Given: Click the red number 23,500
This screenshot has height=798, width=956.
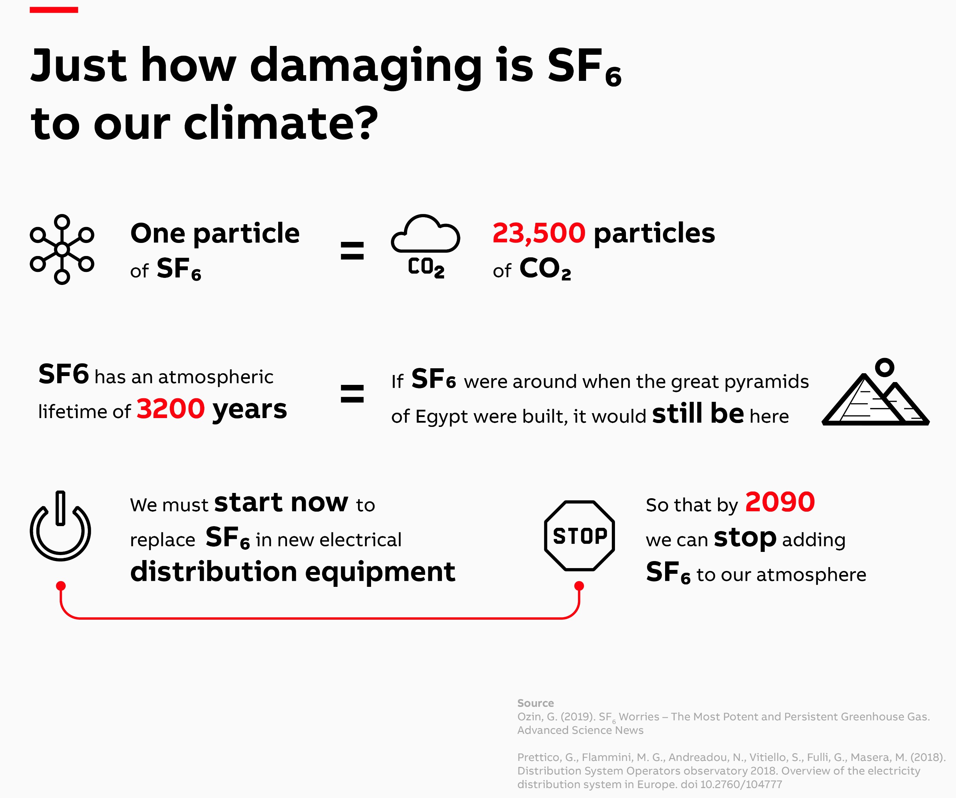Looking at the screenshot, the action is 539,233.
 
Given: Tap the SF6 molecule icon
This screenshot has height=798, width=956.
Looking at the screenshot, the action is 62,249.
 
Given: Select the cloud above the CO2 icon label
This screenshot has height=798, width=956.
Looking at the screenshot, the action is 425,233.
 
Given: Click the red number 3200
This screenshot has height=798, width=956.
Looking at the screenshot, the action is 171,408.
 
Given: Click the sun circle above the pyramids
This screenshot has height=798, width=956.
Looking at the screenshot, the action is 885,367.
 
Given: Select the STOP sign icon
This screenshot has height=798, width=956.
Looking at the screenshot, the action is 580,536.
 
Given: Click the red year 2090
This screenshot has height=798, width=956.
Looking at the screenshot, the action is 780,502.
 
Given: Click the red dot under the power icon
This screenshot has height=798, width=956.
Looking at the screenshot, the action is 61,586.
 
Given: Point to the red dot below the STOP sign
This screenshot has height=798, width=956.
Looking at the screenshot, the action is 579,586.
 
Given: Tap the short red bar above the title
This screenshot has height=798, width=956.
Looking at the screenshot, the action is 54,10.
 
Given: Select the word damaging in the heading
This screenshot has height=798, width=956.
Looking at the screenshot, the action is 365,67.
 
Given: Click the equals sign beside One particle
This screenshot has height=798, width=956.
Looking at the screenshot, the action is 352,250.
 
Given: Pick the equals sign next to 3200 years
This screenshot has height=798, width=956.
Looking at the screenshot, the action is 352,394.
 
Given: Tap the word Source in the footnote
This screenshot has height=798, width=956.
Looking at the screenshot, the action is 535,703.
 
